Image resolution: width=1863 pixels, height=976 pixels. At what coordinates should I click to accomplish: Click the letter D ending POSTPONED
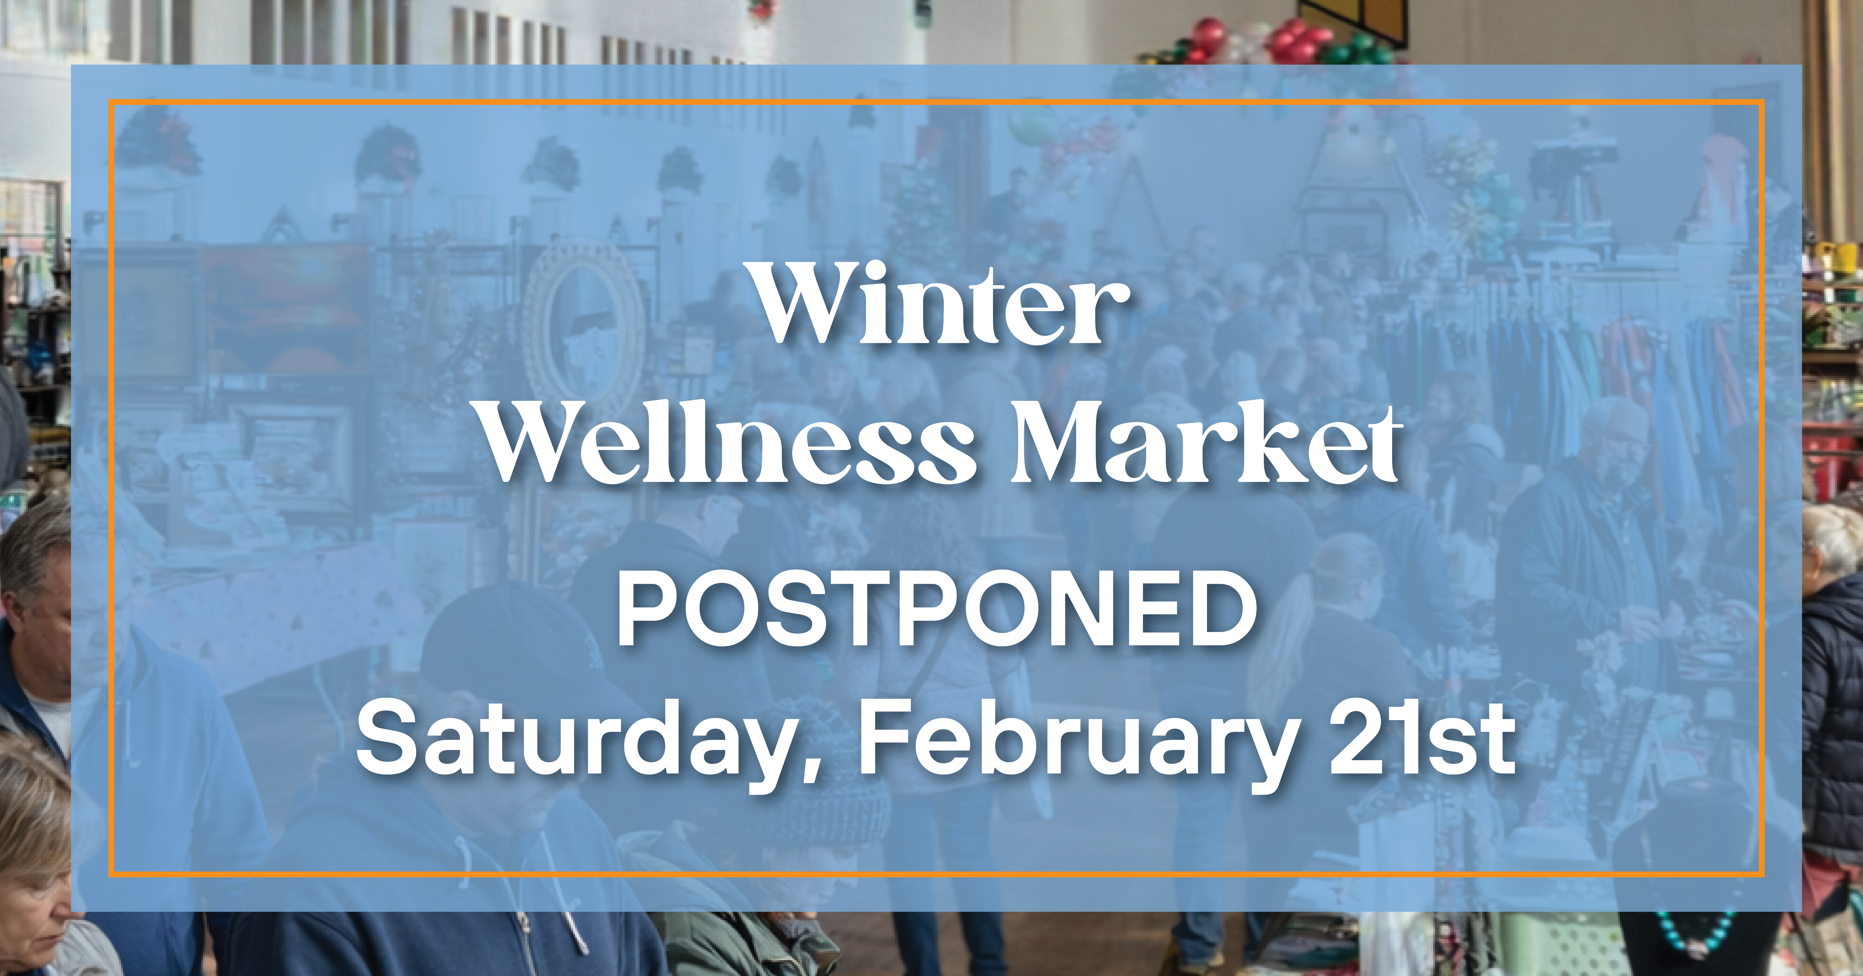tap(1222, 608)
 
